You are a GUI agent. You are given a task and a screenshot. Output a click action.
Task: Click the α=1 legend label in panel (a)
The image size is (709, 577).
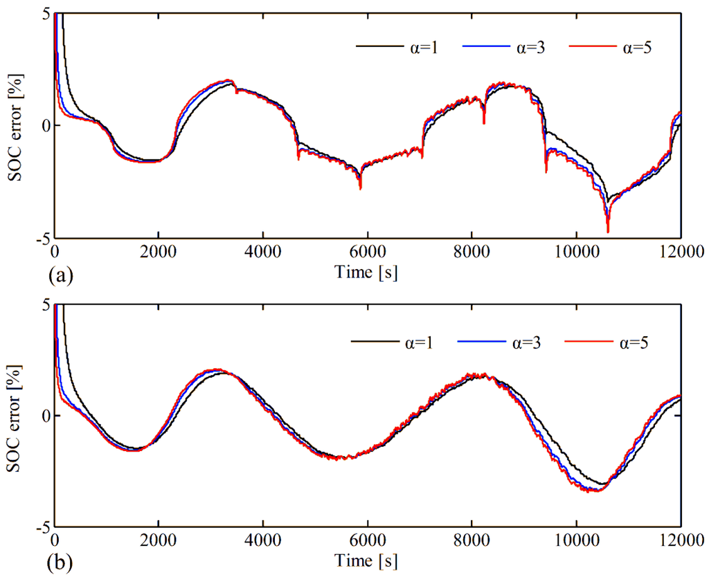pyautogui.click(x=424, y=47)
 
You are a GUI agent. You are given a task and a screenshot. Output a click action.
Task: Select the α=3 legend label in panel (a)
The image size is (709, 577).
pyautogui.click(x=531, y=47)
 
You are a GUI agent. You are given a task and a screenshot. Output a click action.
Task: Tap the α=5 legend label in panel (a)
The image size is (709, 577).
pyautogui.click(x=638, y=47)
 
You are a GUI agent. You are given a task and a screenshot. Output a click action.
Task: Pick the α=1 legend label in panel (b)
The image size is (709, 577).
pyautogui.click(x=419, y=342)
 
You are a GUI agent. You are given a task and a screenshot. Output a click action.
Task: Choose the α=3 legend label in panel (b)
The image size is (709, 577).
pyautogui.click(x=526, y=342)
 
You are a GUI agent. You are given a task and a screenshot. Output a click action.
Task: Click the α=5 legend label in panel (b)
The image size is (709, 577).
pyautogui.click(x=634, y=342)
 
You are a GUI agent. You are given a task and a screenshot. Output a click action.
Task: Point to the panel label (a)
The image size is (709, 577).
pyautogui.click(x=60, y=275)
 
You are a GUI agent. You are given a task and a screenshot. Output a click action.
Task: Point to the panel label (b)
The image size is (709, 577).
pyautogui.click(x=60, y=563)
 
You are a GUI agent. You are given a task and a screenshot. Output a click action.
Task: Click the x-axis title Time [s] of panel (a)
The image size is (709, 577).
pyautogui.click(x=366, y=272)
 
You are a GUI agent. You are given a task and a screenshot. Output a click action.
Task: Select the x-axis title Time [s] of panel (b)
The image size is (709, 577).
pyautogui.click(x=366, y=560)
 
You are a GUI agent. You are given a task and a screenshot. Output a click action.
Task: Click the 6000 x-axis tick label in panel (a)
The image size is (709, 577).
pyautogui.click(x=368, y=251)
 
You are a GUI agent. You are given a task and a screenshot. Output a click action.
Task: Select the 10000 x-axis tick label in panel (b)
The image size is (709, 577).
pyautogui.click(x=576, y=540)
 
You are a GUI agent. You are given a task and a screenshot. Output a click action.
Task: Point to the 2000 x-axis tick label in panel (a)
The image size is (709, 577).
pyautogui.click(x=159, y=251)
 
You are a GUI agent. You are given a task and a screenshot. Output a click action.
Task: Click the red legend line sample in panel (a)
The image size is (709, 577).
pyautogui.click(x=593, y=46)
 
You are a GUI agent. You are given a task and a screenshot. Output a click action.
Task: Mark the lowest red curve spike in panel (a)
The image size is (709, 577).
pyautogui.click(x=608, y=232)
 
